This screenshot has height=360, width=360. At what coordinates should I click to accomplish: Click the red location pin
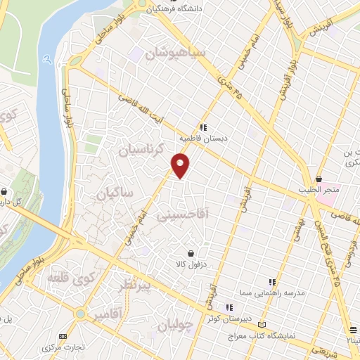point(181,165)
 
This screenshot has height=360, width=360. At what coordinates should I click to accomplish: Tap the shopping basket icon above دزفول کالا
point(191,252)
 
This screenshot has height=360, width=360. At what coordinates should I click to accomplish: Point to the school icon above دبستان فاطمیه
point(202,127)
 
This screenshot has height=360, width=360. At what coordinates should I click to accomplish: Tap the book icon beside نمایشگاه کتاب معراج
point(262,326)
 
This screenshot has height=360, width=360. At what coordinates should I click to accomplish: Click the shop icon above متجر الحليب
point(320,179)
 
